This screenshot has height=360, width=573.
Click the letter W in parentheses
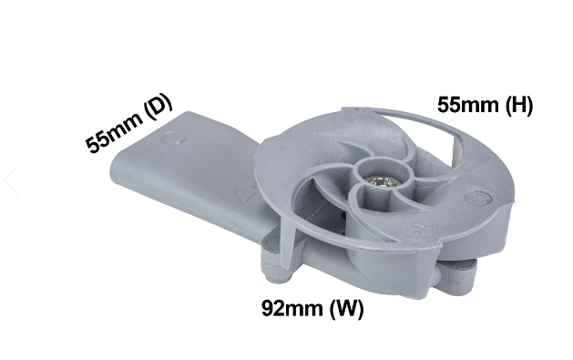347,308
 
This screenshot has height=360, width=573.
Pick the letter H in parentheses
519,105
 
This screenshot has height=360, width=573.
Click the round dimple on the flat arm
173,139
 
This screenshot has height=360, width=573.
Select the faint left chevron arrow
11,180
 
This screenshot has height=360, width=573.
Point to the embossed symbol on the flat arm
245,195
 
